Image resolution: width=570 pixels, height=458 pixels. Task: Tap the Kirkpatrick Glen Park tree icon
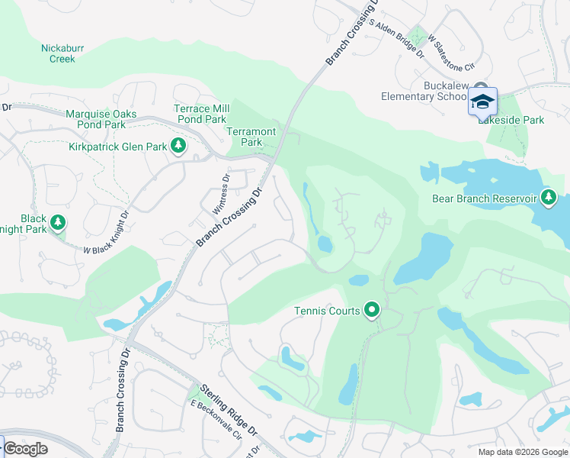click(178, 145)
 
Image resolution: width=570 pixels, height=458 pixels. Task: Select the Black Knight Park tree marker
click(58, 223)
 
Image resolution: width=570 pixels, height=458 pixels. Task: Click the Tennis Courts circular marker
click(371, 310)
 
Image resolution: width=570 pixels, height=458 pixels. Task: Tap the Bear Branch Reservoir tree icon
click(549, 198)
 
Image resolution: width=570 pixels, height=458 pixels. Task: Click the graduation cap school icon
click(482, 102)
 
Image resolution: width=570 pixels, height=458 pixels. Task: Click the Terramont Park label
click(245, 137)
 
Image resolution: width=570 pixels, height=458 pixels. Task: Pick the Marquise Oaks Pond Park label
click(101, 119)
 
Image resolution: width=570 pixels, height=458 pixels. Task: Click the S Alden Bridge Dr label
click(395, 35)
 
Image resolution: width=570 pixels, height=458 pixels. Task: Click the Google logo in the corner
click(25, 449)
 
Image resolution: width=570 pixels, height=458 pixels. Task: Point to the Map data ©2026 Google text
click(523, 452)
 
